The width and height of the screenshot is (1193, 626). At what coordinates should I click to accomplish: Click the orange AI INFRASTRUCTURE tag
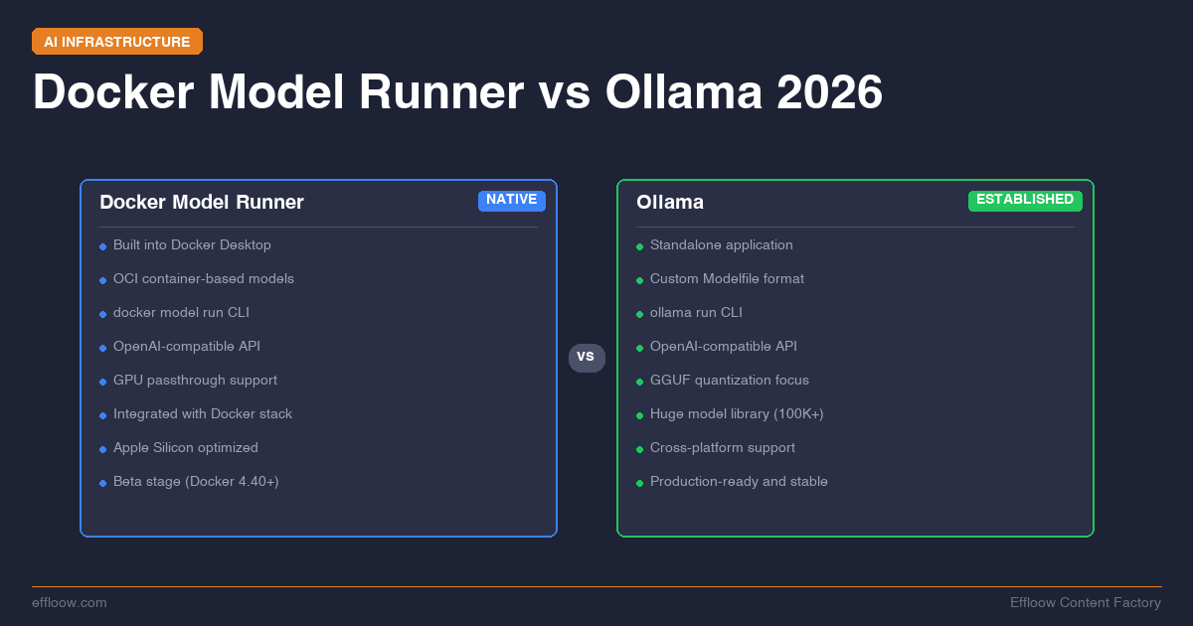[x=117, y=42]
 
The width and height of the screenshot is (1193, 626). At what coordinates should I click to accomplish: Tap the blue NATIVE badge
[x=512, y=200]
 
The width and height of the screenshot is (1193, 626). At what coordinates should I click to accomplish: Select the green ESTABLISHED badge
[x=1025, y=200]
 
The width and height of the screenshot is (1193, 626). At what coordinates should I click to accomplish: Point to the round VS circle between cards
[x=587, y=357]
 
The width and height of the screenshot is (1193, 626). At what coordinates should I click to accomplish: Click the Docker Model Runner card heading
[x=202, y=203]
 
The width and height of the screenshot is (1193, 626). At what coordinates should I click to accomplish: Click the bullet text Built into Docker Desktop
[x=192, y=245]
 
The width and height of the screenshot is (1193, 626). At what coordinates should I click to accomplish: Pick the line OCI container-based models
[x=204, y=279]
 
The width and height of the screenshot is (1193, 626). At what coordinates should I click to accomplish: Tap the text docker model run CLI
[x=181, y=313]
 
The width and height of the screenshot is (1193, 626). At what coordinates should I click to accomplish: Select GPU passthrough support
[x=195, y=381]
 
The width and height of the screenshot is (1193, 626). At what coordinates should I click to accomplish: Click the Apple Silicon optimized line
[x=186, y=448]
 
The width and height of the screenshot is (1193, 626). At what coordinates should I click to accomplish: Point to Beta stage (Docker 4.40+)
[x=196, y=482]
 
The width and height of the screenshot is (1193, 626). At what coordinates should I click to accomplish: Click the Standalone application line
[x=722, y=245]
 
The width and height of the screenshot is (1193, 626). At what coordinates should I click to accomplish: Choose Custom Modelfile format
[x=727, y=279]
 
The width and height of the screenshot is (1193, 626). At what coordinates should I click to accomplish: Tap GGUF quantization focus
[x=730, y=381]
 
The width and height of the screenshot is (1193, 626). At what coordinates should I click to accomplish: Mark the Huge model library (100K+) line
[x=737, y=414]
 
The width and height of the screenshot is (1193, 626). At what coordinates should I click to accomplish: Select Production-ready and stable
[x=739, y=482]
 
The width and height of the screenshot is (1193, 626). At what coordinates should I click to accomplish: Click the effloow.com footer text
[x=70, y=603]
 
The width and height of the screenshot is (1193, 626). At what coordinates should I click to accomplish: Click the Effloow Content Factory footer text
[x=1086, y=603]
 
